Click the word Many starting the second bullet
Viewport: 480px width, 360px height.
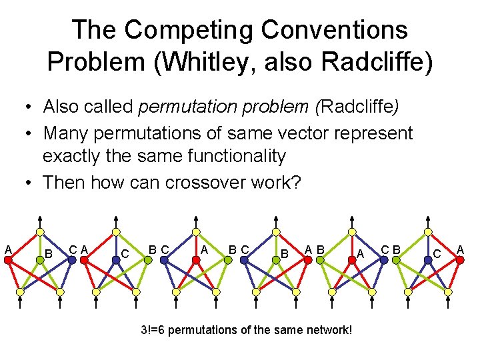(x=65, y=133)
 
